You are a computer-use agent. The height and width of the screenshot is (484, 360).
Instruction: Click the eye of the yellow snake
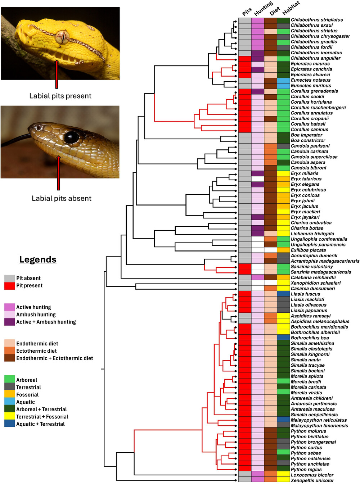click(62, 37)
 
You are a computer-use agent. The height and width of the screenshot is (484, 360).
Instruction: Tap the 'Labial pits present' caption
click(60, 96)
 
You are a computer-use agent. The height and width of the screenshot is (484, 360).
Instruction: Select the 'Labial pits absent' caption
click(62, 198)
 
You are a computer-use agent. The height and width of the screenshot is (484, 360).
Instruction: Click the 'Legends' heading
click(38, 259)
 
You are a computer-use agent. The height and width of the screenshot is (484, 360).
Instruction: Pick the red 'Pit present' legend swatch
click(9, 286)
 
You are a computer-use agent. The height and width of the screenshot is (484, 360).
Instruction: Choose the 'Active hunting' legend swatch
click(9, 307)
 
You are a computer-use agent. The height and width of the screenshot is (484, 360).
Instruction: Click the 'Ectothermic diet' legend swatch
click(9, 351)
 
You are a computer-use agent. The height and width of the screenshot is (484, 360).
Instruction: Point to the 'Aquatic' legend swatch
click(9, 402)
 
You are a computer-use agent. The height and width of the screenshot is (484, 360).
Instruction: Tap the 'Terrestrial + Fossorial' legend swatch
click(9, 417)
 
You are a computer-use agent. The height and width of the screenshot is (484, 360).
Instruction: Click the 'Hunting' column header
click(263, 9)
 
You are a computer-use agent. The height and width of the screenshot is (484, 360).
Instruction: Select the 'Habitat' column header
click(291, 8)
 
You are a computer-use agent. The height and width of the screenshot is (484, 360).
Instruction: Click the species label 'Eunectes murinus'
click(310, 86)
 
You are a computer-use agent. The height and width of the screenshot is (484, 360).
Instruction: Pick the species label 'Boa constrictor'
click(308, 140)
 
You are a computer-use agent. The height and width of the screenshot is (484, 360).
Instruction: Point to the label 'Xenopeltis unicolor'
click(312, 480)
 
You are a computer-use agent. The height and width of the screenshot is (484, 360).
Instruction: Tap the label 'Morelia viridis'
click(306, 393)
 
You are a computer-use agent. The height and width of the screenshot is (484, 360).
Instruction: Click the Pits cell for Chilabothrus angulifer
click(245, 58)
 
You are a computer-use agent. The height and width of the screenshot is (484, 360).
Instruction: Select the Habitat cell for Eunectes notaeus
click(283, 80)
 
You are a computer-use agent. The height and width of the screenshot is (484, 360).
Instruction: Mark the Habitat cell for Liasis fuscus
click(283, 294)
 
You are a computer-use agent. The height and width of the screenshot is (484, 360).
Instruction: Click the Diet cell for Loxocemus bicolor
click(271, 475)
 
